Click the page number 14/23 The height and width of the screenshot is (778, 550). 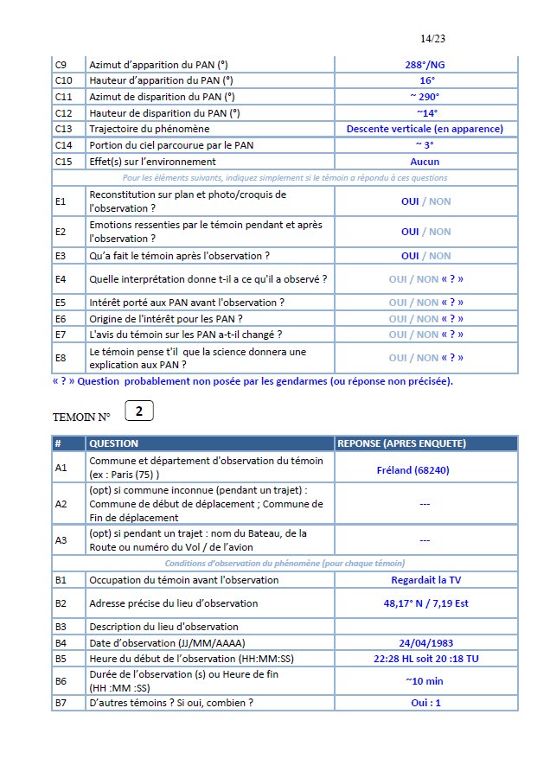[432, 39]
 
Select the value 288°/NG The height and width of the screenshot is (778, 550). [425, 65]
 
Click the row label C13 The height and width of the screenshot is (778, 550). [62, 129]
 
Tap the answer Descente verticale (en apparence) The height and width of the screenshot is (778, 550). [425, 129]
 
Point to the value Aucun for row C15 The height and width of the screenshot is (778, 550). [425, 162]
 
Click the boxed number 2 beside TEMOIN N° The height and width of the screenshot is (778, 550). [139, 411]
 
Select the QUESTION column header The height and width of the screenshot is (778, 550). [114, 443]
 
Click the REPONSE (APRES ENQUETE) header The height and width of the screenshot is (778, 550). [401, 443]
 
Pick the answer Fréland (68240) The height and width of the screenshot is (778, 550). [425, 471]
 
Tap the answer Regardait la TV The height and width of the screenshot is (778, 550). [425, 580]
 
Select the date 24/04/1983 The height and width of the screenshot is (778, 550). [425, 643]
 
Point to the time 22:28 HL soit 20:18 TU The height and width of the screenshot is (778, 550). [425, 658]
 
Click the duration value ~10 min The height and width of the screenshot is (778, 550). [425, 680]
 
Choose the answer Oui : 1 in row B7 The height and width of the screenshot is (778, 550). [425, 703]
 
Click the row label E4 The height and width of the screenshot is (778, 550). [61, 279]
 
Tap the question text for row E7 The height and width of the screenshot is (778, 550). [186, 335]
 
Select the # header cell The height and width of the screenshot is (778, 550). [58, 443]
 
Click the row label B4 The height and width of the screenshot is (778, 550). [61, 643]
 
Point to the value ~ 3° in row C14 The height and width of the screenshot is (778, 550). [425, 144]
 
